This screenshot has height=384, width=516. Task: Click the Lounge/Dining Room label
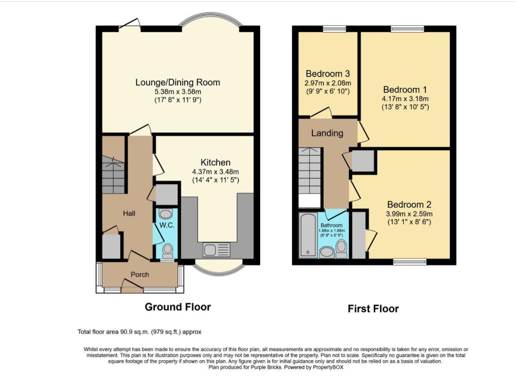pyautogui.click(x=178, y=83)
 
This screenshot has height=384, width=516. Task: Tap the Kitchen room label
pyautogui.click(x=215, y=162)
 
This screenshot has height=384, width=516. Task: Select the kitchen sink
pyautogui.click(x=216, y=250)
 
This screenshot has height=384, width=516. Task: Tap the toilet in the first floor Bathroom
pyautogui.click(x=342, y=249)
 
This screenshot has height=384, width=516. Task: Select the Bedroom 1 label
pyautogui.click(x=405, y=89)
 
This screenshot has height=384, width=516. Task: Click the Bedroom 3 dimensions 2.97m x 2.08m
pyautogui.click(x=328, y=83)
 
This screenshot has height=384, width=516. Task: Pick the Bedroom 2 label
pyautogui.click(x=409, y=204)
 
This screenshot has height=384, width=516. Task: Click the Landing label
pyautogui.click(x=327, y=133)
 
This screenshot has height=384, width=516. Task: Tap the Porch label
pyautogui.click(x=140, y=274)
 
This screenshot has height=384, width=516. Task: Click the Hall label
pyautogui.click(x=129, y=213)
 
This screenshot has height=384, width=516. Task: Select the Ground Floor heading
pyautogui.click(x=178, y=307)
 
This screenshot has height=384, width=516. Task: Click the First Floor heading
pyautogui.click(x=373, y=309)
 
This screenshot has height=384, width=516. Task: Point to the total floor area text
pyautogui.click(x=140, y=332)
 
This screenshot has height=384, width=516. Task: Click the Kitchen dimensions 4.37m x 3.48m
pyautogui.click(x=215, y=172)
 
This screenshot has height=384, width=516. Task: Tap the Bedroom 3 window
pyautogui.click(x=334, y=29)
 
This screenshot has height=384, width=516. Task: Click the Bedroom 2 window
pyautogui.click(x=410, y=262)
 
